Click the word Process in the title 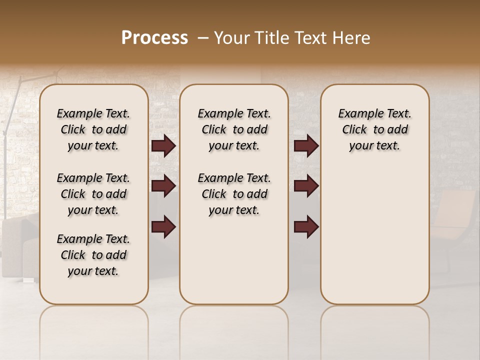pos(154,38)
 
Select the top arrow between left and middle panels pos(163,145)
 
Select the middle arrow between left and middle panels pos(163,186)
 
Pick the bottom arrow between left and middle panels pos(163,226)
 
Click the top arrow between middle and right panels pos(306,145)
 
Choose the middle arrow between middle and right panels pos(306,186)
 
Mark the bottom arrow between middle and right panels pos(306,226)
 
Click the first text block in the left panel pos(93,129)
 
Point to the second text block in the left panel pos(93,194)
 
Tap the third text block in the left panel pos(93,255)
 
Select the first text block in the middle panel pos(234,129)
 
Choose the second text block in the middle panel pos(234,194)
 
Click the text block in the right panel pos(374,129)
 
